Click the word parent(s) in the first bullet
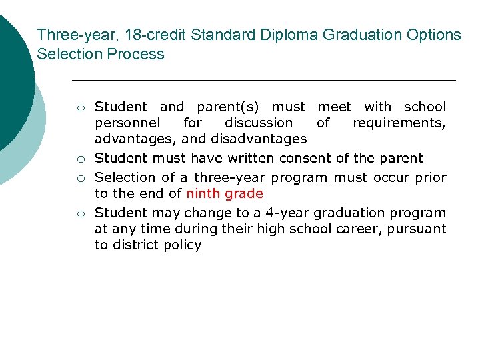(x=229, y=107)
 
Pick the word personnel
(x=127, y=123)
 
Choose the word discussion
(x=259, y=123)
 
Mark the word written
(x=251, y=159)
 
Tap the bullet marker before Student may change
(x=79, y=214)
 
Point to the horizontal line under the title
(x=263, y=81)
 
